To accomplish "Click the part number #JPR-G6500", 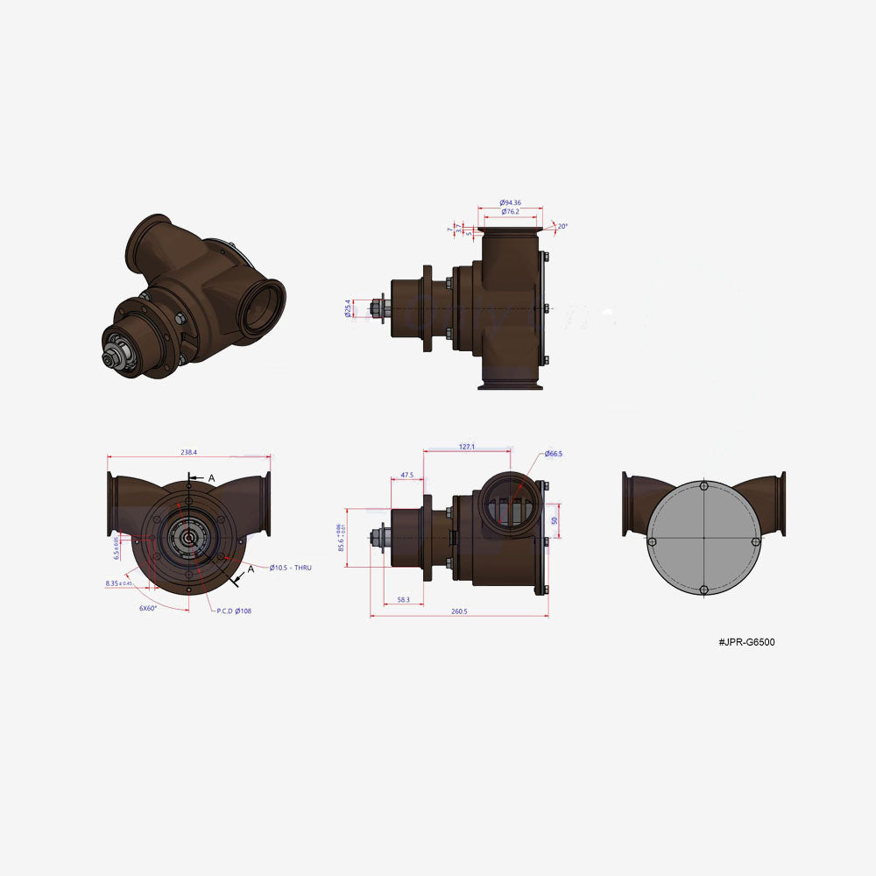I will tap(746, 642).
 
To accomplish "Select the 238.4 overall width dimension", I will tap(188, 452).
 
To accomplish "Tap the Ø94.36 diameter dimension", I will tap(512, 202).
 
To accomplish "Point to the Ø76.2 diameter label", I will tap(512, 212).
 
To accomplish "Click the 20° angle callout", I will tap(562, 226).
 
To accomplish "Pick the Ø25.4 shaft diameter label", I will tap(350, 308).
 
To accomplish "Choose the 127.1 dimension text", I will tap(467, 447).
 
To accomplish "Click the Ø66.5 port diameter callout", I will tap(553, 454).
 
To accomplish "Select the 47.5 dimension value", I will tap(406, 475).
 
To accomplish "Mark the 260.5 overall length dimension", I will tap(459, 611).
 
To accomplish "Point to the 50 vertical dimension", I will tap(555, 519).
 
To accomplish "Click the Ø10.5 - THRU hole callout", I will tap(290, 568).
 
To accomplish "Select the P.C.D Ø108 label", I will tap(234, 611).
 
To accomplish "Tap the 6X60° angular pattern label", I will tap(147, 607).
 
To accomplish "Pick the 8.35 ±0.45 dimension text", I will tap(118, 583).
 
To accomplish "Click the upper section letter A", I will tap(211, 477).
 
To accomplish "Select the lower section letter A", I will tap(251, 569).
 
